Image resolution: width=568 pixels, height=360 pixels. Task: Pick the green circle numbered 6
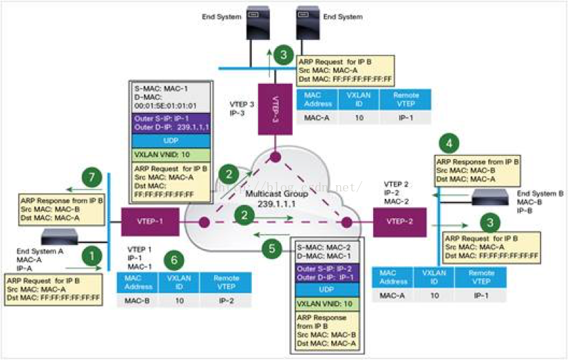(x=176, y=260)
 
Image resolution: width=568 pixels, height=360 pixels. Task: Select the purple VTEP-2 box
(x=400, y=222)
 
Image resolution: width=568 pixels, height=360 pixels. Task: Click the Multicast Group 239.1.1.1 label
(x=272, y=199)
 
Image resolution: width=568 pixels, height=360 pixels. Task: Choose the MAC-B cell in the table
(x=138, y=301)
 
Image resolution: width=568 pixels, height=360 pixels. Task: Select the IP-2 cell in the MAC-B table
(x=227, y=301)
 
